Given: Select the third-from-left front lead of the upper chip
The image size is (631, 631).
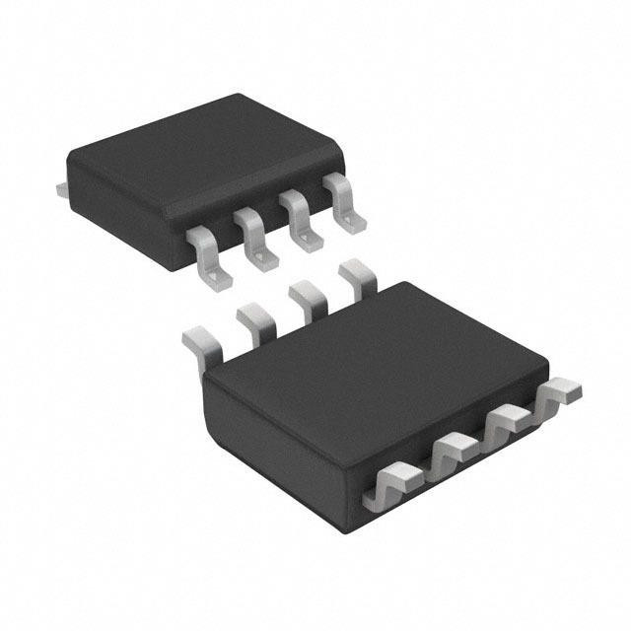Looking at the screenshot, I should click(300, 219).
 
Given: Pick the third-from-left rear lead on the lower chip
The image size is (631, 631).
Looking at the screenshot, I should click(306, 296).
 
